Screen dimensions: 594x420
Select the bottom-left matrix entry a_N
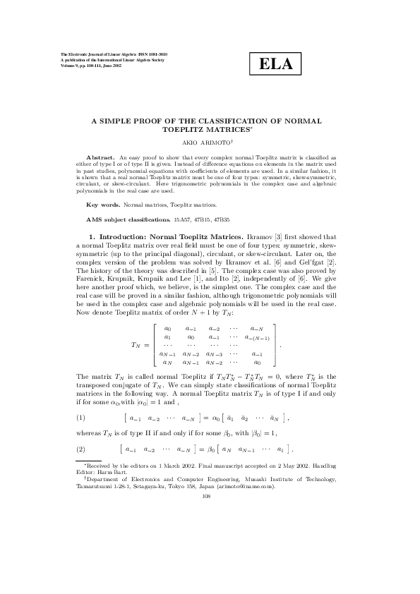(167, 362)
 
